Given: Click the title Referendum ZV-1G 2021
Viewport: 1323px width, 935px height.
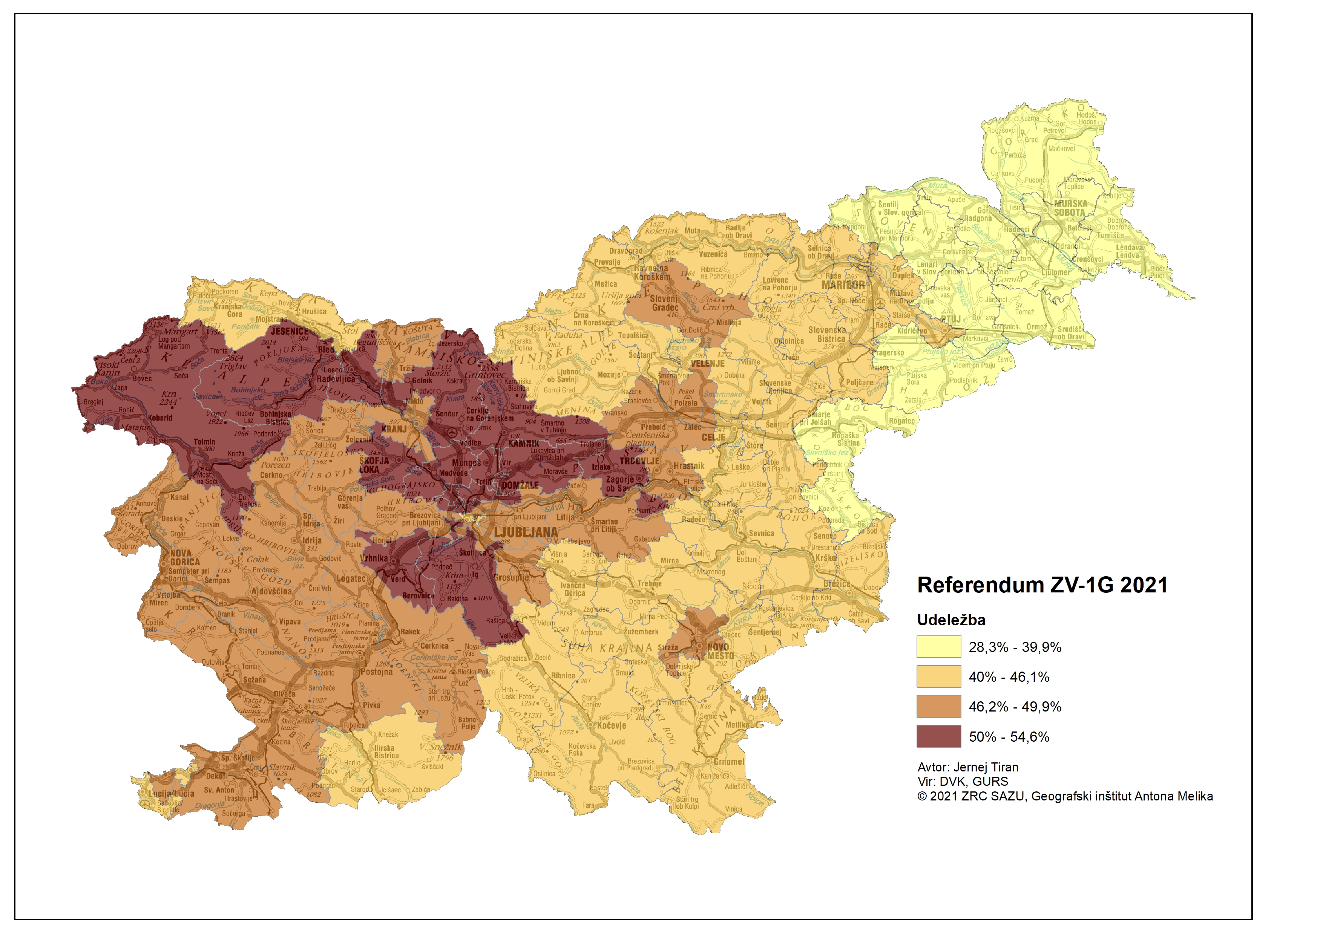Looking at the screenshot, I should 1042,585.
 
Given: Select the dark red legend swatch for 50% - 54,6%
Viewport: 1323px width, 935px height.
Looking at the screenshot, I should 939,736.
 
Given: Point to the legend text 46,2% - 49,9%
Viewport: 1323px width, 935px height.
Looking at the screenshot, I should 1015,707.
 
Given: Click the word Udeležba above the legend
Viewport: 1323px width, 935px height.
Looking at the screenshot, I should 951,620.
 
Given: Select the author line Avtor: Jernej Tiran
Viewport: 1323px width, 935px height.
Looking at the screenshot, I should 967,767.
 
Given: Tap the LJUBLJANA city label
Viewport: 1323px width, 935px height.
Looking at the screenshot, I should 526,532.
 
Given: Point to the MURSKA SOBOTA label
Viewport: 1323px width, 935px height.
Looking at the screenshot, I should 1070,208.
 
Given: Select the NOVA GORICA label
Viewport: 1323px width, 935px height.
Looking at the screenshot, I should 184,558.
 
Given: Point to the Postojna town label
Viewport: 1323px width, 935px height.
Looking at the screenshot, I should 377,672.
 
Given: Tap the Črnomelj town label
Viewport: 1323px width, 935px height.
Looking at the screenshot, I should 728,762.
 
